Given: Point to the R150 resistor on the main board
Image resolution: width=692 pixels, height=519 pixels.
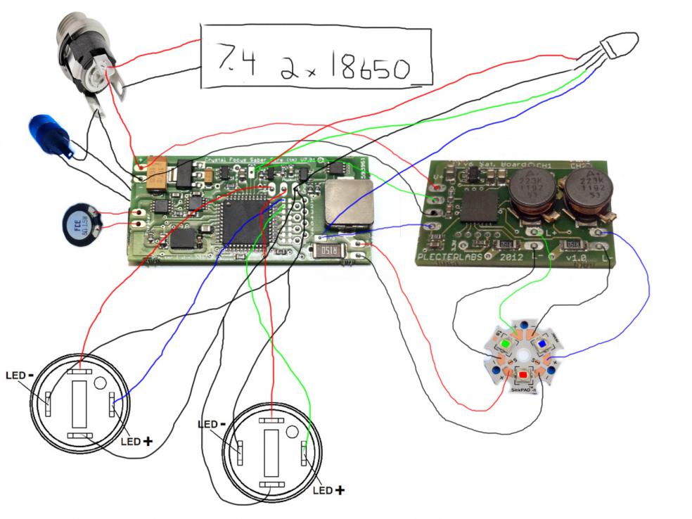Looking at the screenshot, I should pyautogui.click(x=329, y=251).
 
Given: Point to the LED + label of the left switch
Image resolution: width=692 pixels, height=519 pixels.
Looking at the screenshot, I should pyautogui.click(x=137, y=441).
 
